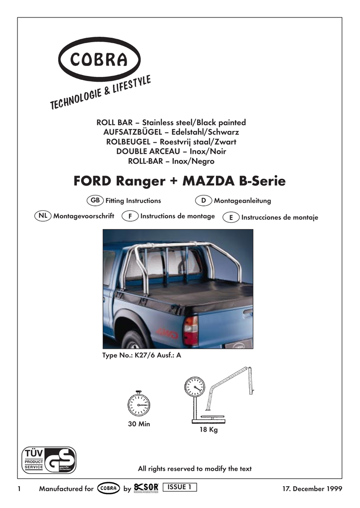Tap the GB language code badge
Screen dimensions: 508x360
pyautogui.click(x=95, y=200)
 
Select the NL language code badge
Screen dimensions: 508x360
pyautogui.click(x=43, y=216)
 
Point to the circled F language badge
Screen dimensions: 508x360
pyautogui.click(x=130, y=217)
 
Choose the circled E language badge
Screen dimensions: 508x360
pyautogui.click(x=231, y=217)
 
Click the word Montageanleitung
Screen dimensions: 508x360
pyautogui.click(x=242, y=201)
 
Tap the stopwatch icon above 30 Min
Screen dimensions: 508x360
pyautogui.click(x=139, y=405)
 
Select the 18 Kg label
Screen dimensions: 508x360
pyautogui.click(x=209, y=430)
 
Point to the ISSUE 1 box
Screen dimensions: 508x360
pyautogui.click(x=180, y=487)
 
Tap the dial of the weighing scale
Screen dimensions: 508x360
pyautogui.click(x=194, y=387)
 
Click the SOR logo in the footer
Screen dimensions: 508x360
pyautogui.click(x=146, y=488)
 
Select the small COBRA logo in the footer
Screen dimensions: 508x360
pyautogui.click(x=108, y=488)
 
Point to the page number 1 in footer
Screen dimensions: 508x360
pyautogui.click(x=19, y=489)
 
